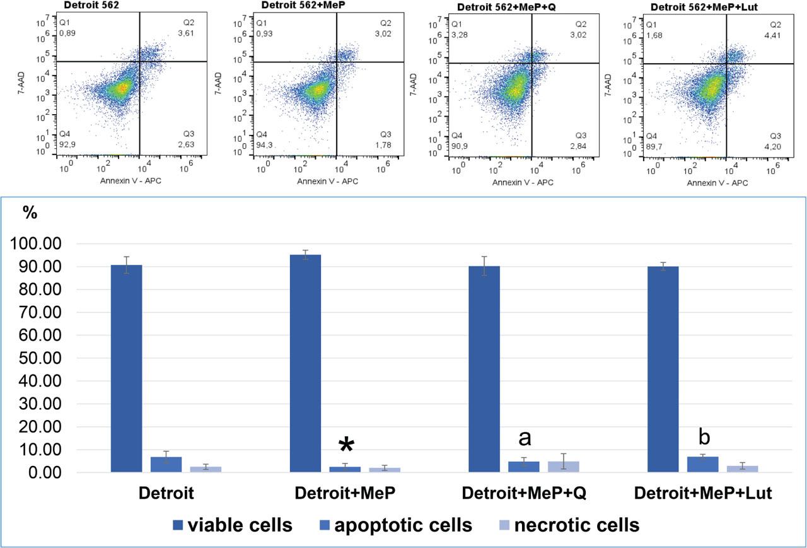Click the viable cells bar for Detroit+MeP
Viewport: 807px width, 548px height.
click(x=305, y=363)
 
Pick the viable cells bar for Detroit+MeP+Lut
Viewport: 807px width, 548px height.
click(x=663, y=369)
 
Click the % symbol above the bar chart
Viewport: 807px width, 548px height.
click(x=30, y=213)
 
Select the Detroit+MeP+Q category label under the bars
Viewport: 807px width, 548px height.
click(x=524, y=493)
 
